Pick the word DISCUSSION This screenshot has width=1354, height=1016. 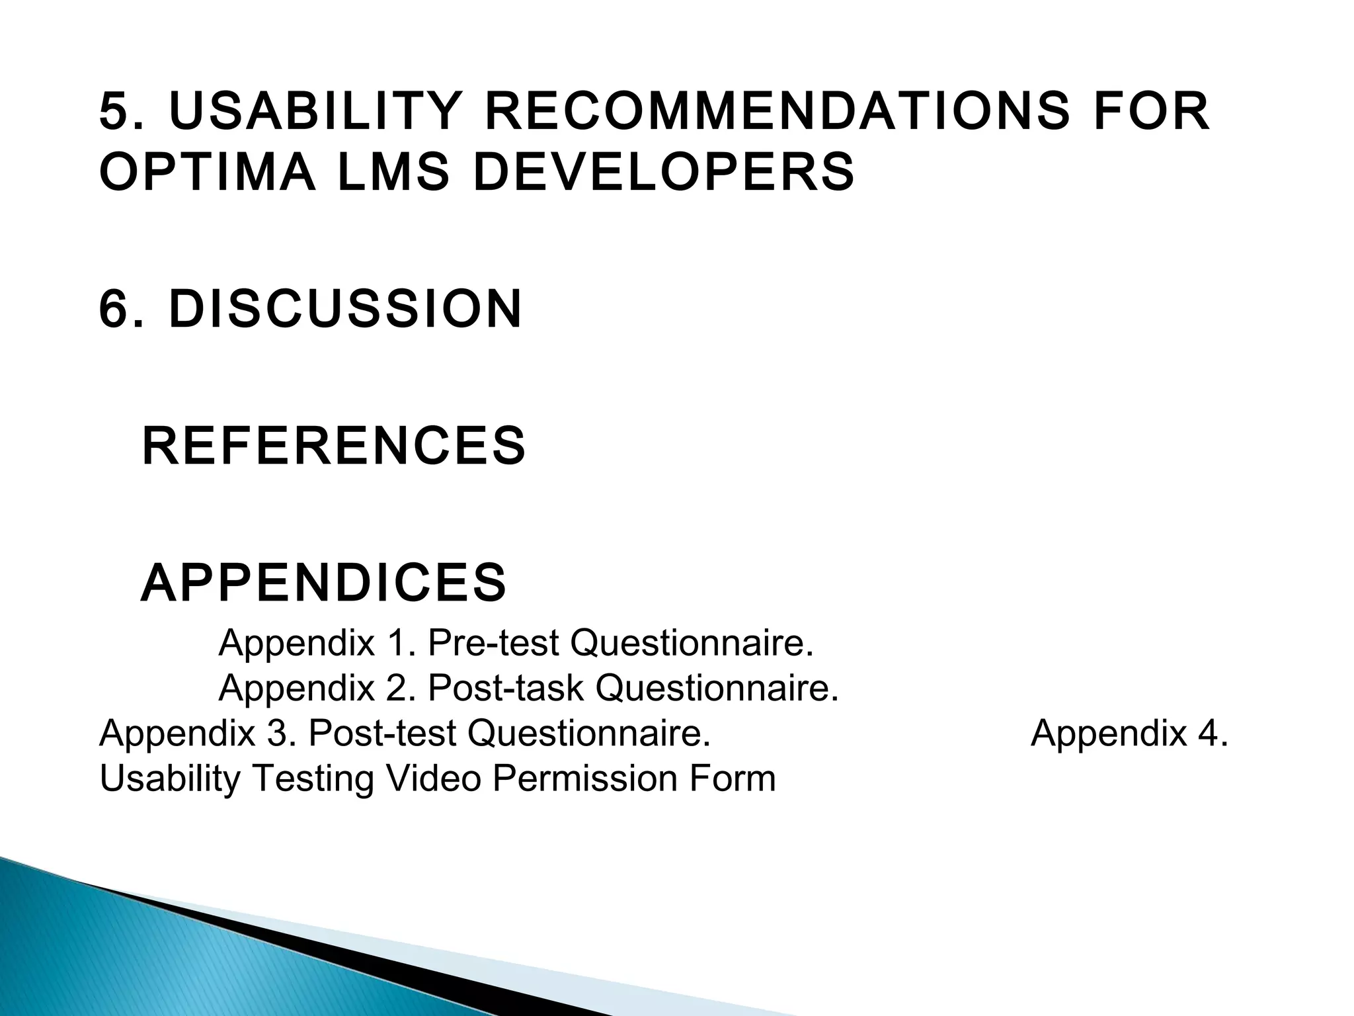click(x=345, y=309)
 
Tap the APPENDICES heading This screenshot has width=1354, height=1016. click(x=323, y=583)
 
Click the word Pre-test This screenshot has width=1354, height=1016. click(x=493, y=642)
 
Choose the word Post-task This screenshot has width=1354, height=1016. click(x=506, y=688)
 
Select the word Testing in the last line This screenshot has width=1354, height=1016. click(x=313, y=779)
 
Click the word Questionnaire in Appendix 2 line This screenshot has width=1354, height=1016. click(x=717, y=688)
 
